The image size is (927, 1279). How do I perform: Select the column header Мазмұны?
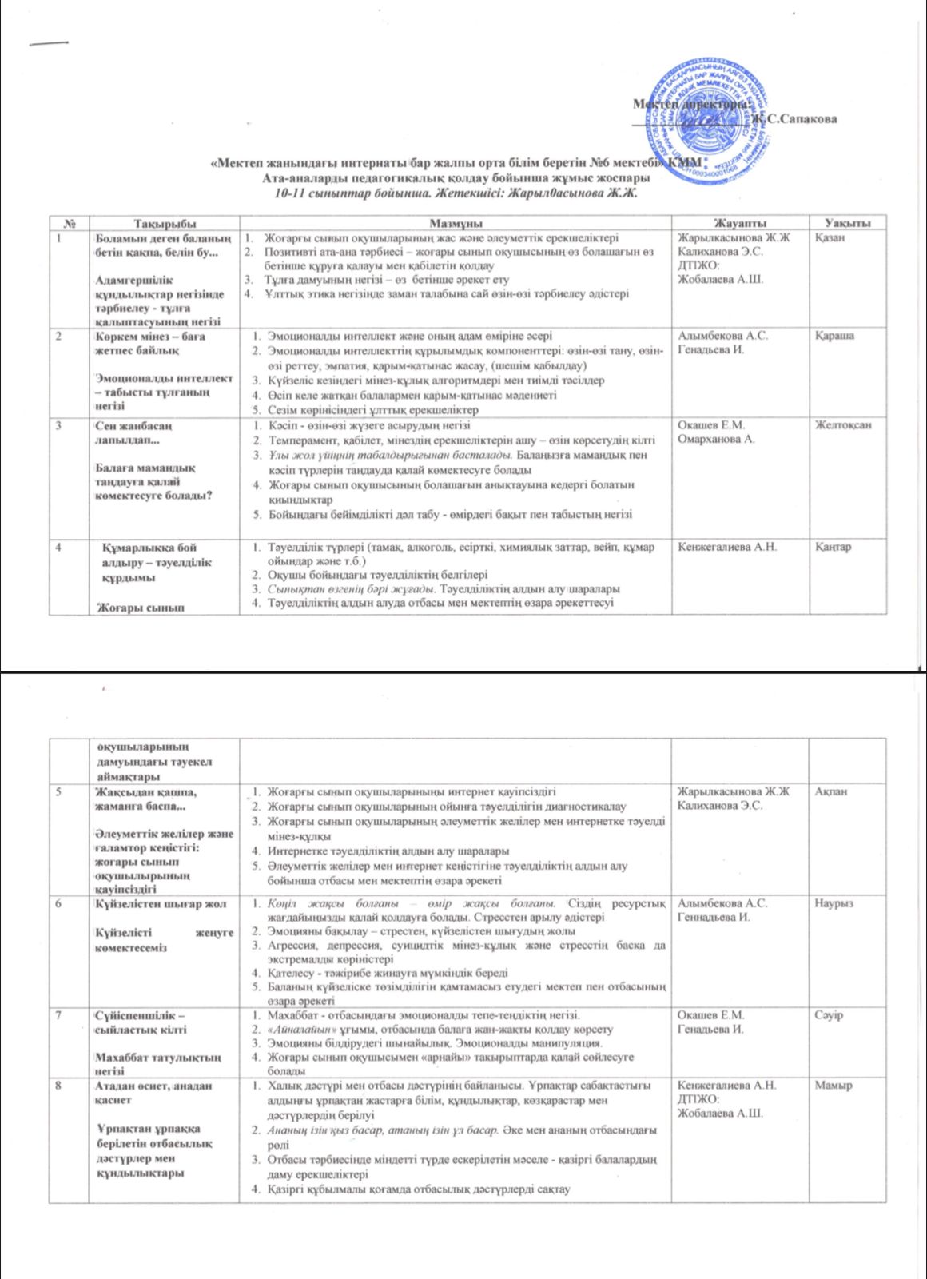tap(455, 223)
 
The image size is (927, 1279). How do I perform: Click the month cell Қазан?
tap(831, 237)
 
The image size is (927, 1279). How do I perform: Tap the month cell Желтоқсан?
tap(843, 425)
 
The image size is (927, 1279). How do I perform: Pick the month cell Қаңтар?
tap(834, 548)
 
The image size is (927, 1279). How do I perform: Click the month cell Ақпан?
tap(832, 791)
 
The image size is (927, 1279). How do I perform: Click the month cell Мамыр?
tap(834, 1086)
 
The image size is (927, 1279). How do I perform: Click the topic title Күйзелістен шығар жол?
tap(161, 903)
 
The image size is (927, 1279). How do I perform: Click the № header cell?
tap(69, 223)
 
